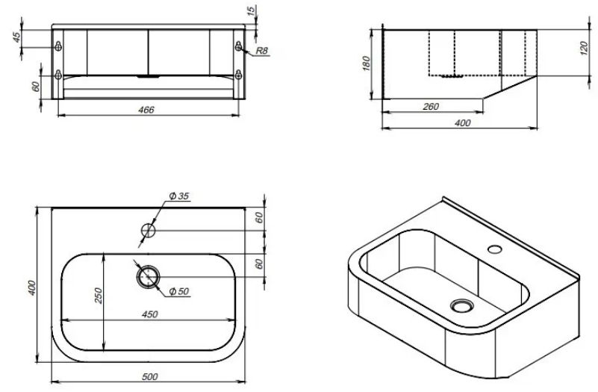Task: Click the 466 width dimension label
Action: tap(146, 110)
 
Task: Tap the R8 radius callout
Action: tap(261, 51)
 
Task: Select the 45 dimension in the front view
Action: tap(16, 38)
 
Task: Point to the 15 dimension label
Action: tap(251, 11)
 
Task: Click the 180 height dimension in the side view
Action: tap(366, 63)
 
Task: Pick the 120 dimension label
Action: tap(584, 49)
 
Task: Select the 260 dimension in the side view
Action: tap(431, 107)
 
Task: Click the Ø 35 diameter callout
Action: tap(179, 196)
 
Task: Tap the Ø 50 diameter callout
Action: tap(179, 292)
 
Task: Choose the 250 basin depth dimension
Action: tap(99, 296)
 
